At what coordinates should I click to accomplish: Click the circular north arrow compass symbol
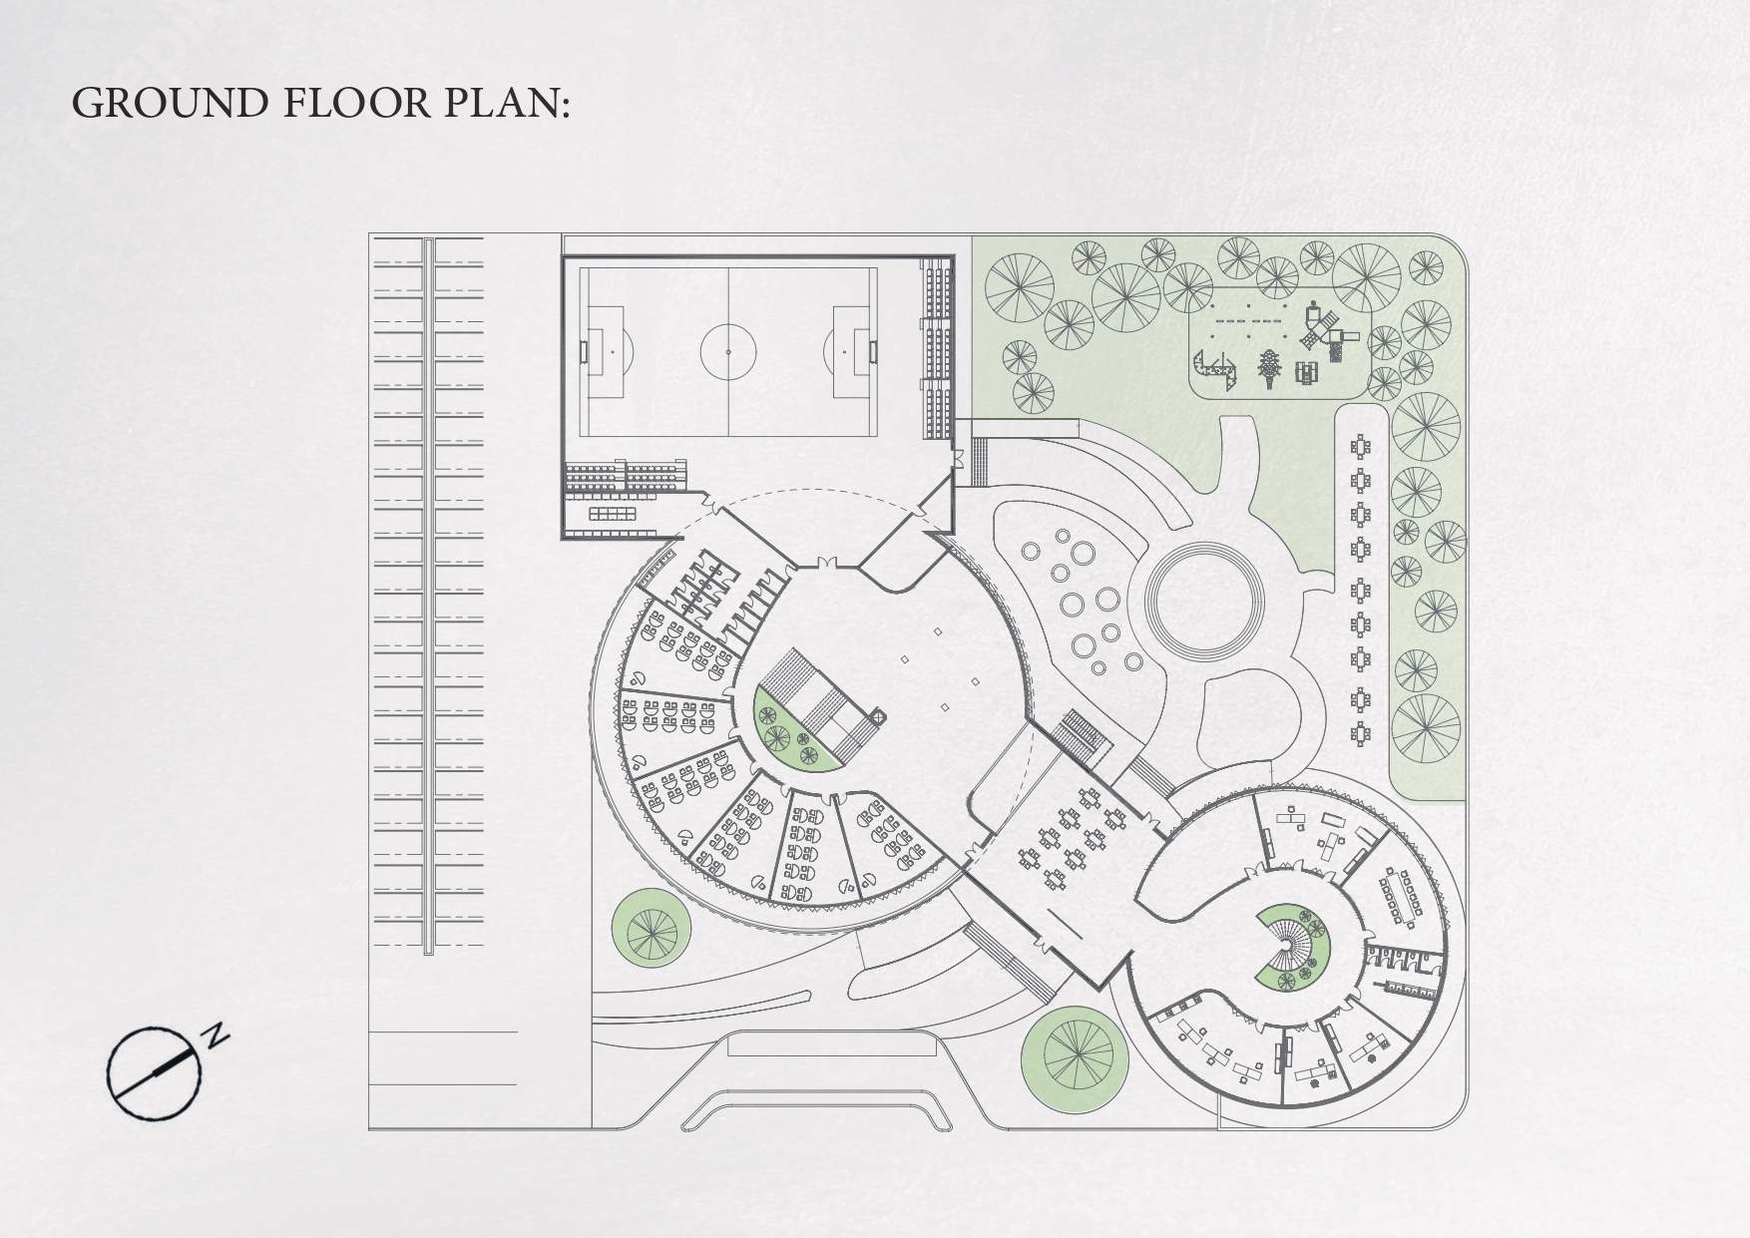150,1072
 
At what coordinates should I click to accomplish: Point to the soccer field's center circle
728,351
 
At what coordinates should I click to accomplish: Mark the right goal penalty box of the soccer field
852,352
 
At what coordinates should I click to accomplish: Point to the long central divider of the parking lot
430,596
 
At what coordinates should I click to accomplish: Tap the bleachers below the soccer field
627,476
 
